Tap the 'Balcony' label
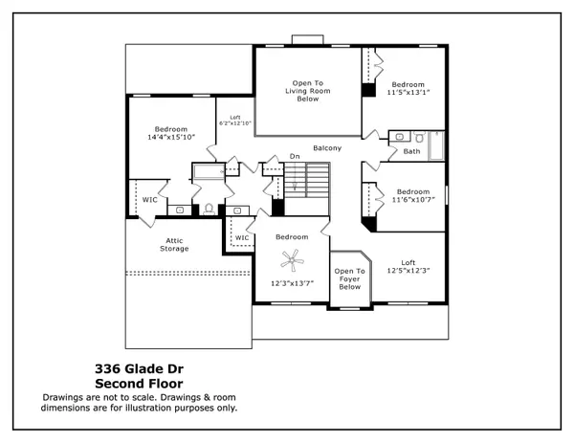point(328,148)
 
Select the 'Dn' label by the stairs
point(296,156)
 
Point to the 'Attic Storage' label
point(173,244)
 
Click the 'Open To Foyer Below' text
point(349,278)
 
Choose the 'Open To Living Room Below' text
point(307,90)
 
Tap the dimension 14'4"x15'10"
point(172,138)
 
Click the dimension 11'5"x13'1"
point(408,93)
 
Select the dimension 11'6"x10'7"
point(413,200)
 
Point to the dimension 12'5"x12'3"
point(408,272)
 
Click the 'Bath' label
point(411,151)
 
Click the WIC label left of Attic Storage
point(150,200)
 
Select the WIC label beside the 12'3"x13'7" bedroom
point(242,237)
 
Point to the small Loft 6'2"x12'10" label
point(234,120)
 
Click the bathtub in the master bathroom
point(208,173)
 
